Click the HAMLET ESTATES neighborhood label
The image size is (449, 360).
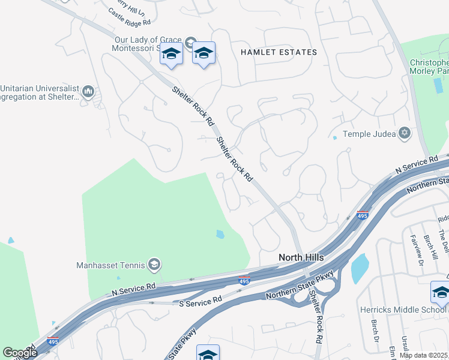pos(279,52)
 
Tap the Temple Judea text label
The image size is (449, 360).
pos(369,134)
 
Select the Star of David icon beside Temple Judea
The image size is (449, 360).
pos(405,133)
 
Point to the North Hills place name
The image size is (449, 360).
pos(301,257)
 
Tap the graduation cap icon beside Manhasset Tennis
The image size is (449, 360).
pos(154,265)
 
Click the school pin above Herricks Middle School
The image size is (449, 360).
pos(440,293)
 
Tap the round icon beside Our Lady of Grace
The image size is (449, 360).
pos(190,41)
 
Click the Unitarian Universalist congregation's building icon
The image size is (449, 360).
pos(88,92)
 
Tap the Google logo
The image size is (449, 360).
pos(19,353)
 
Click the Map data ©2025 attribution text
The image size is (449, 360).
pos(423,355)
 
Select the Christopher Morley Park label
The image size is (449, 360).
pos(429,67)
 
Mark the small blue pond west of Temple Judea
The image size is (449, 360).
pos(335,137)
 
